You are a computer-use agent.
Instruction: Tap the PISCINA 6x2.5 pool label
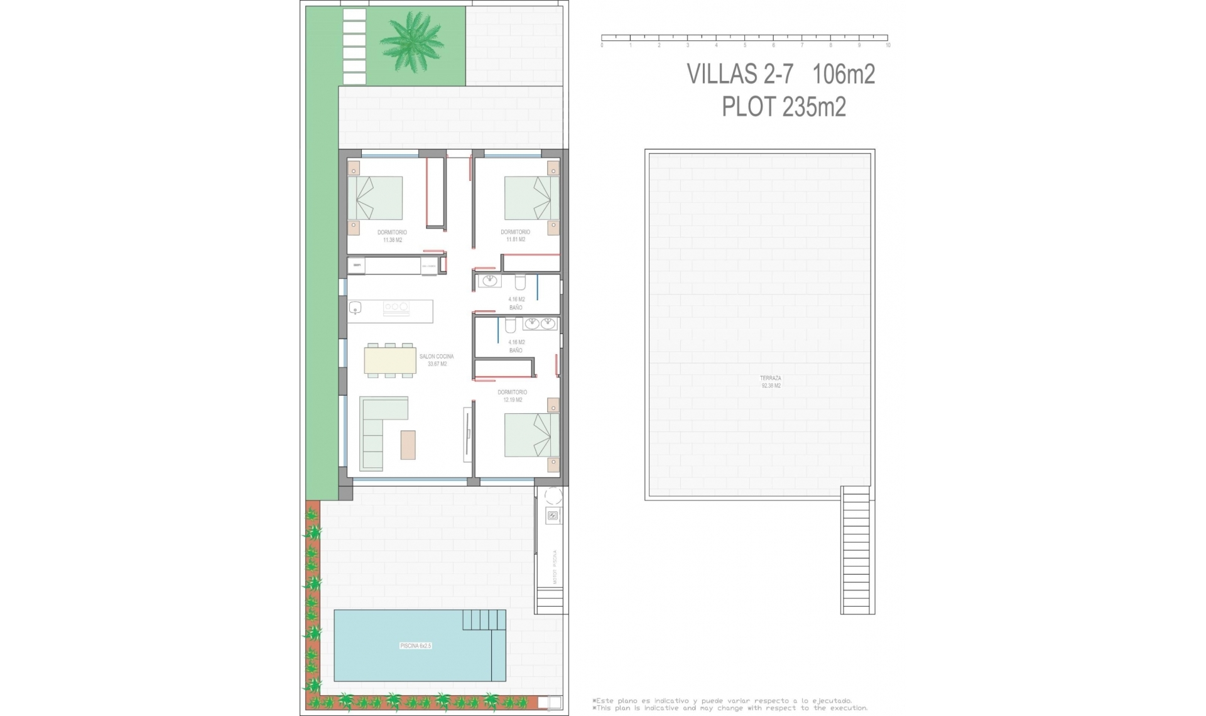pyautogui.click(x=416, y=646)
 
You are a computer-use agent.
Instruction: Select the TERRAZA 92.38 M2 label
pyautogui.click(x=771, y=382)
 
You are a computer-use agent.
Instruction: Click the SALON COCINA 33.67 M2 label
pyautogui.click(x=437, y=360)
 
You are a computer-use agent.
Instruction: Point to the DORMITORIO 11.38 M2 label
pyautogui.click(x=392, y=236)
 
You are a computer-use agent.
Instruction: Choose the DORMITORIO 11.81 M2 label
pyautogui.click(x=515, y=236)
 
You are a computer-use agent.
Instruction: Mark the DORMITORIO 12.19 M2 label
pyautogui.click(x=513, y=396)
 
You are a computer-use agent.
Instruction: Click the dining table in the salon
pyautogui.click(x=390, y=361)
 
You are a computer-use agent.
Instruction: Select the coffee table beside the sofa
pyautogui.click(x=408, y=444)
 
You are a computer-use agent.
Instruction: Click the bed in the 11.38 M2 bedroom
pyautogui.click(x=376, y=198)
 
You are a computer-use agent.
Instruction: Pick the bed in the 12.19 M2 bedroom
pyautogui.click(x=531, y=435)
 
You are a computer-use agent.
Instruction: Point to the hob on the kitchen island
pyautogui.click(x=396, y=307)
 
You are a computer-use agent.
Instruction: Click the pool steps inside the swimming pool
pyautogui.click(x=484, y=621)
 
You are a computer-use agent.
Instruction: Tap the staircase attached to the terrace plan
pyautogui.click(x=857, y=550)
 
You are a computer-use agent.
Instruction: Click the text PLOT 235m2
pyautogui.click(x=783, y=107)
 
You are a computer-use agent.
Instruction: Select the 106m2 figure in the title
pyautogui.click(x=844, y=74)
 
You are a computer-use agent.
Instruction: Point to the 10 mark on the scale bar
pyautogui.click(x=888, y=45)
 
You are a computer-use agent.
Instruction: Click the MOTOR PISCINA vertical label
pyautogui.click(x=555, y=567)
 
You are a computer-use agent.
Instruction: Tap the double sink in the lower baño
pyautogui.click(x=540, y=323)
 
